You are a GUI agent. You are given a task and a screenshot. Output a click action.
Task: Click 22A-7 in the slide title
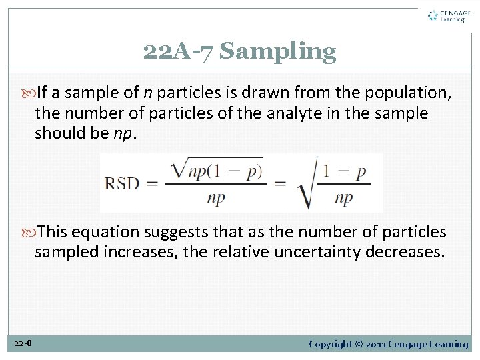point(179,51)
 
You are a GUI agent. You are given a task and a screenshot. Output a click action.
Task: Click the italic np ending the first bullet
point(122,133)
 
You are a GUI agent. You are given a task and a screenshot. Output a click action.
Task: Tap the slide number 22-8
point(23,343)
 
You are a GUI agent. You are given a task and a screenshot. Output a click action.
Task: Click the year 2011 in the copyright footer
point(376,344)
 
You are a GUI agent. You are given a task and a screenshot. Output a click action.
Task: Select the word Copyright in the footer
point(332,344)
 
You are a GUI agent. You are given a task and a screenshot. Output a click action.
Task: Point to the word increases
point(127,251)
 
